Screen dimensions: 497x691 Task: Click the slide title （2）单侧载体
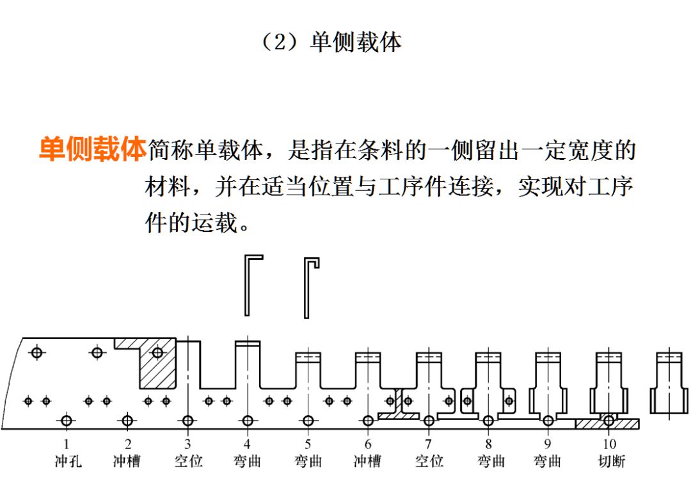point(331,42)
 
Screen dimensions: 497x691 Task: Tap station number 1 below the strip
point(66,443)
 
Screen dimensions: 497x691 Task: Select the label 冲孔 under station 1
point(67,460)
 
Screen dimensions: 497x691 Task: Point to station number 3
point(187,443)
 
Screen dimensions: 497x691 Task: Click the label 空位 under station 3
point(188,460)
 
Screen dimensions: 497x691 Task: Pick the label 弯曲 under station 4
point(247,460)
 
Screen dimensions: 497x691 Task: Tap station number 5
point(308,443)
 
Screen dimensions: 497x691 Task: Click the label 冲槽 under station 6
point(368,460)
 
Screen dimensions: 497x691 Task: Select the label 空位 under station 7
point(429,460)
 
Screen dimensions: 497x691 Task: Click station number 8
point(489,443)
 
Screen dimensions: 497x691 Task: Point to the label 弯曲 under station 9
point(548,460)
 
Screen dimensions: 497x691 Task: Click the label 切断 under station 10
point(609,460)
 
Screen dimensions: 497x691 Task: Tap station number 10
point(609,443)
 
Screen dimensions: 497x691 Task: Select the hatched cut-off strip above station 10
point(607,424)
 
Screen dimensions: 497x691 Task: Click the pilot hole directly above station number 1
point(66,421)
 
